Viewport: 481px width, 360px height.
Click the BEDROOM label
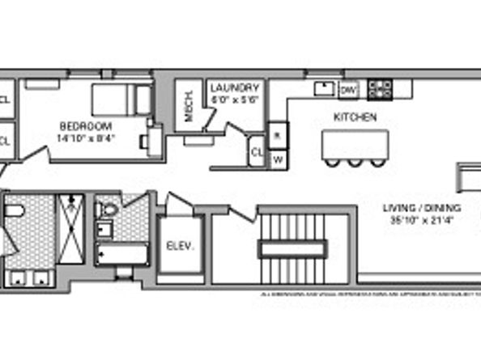[x=84, y=126]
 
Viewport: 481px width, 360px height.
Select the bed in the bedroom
[x=121, y=100]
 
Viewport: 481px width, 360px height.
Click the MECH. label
[x=189, y=104]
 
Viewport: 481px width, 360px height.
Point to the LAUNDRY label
[x=235, y=88]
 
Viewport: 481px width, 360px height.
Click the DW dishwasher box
[x=349, y=89]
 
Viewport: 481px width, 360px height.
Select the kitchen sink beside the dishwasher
[x=325, y=88]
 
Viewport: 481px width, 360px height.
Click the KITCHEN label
[x=355, y=117]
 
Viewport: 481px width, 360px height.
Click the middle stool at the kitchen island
[x=357, y=162]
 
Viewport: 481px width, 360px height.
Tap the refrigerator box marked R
[x=277, y=136]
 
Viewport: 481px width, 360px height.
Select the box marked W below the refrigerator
[x=277, y=158]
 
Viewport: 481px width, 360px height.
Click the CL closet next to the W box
[x=257, y=151]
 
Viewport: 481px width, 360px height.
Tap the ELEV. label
[x=178, y=246]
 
